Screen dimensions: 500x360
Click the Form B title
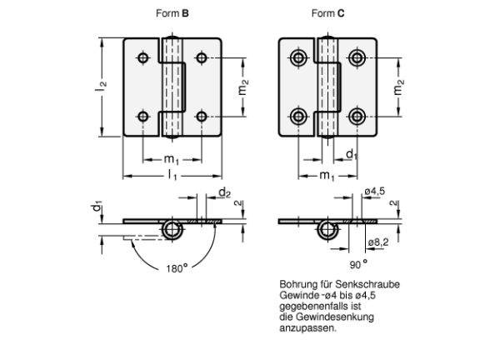(x=172, y=13)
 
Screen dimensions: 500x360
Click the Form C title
(x=327, y=13)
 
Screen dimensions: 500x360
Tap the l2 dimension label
(x=101, y=86)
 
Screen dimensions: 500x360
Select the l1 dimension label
(x=172, y=175)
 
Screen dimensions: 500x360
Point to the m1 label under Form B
(x=171, y=159)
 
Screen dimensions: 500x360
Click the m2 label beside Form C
(x=398, y=87)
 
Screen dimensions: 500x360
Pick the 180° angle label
(x=177, y=268)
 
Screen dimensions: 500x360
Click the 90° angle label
(x=358, y=264)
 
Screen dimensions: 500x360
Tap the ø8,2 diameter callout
(x=378, y=242)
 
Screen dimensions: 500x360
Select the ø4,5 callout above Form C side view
(x=375, y=192)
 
